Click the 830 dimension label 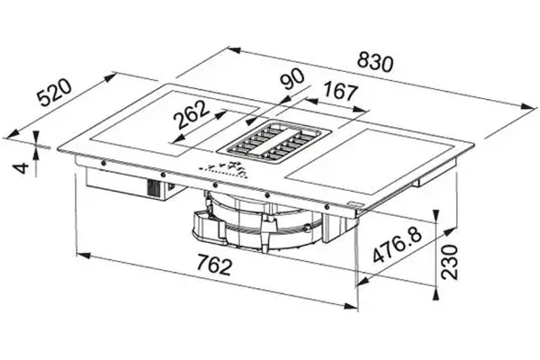click(375, 62)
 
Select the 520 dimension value click(54, 93)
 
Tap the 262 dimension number click(192, 114)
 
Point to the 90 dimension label click(292, 79)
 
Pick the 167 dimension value click(340, 91)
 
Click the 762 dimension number click(214, 265)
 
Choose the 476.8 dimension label click(397, 245)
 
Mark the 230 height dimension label click(450, 262)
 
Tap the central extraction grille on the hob click(274, 141)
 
